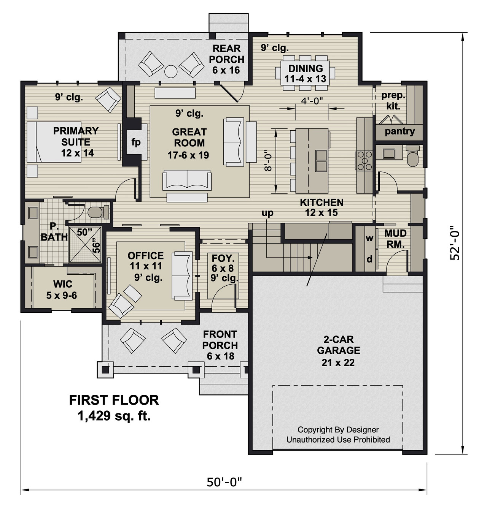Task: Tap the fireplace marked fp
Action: [x=136, y=142]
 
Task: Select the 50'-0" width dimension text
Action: [x=224, y=482]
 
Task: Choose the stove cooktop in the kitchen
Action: [x=364, y=160]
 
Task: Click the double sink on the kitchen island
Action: [x=321, y=161]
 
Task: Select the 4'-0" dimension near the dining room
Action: [x=312, y=101]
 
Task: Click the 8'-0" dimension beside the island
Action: [x=269, y=161]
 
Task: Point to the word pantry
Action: [x=399, y=131]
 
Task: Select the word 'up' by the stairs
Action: [x=267, y=213]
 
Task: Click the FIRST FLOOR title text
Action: [x=114, y=400]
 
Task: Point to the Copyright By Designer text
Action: [x=338, y=430]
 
